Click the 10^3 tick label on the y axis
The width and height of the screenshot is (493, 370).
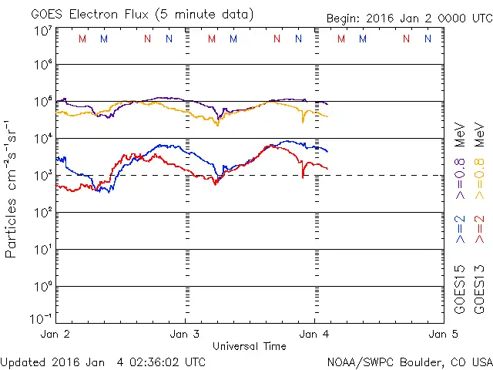[x=42, y=177]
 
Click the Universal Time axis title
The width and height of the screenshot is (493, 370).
[x=250, y=346]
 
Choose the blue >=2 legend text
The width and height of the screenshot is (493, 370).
[x=460, y=230]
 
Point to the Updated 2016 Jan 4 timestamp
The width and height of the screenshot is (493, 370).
[x=103, y=361]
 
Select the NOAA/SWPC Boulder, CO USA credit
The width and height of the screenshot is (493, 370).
[x=409, y=361]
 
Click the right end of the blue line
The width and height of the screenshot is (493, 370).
[x=327, y=151]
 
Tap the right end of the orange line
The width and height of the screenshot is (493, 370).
[x=327, y=116]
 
